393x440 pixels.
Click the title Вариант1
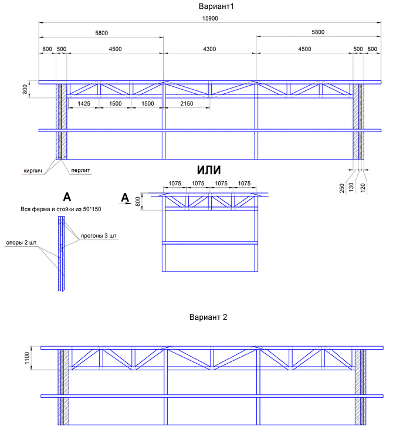click(216, 6)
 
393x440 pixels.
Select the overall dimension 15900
click(210, 18)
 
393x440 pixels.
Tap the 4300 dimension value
click(209, 49)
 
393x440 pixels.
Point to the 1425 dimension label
click(84, 103)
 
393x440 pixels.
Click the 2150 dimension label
click(187, 103)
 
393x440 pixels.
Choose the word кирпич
click(32, 171)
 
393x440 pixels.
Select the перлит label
click(80, 170)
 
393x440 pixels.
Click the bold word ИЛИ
click(209, 170)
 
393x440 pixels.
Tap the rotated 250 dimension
click(341, 188)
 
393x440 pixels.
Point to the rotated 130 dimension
click(351, 188)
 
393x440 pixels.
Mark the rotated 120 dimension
click(362, 188)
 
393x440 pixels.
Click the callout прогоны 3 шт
click(99, 236)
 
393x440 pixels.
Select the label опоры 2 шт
click(21, 242)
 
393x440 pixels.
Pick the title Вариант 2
click(208, 317)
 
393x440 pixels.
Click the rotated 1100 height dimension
click(27, 358)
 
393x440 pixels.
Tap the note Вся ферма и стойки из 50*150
click(61, 209)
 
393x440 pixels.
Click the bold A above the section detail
click(67, 197)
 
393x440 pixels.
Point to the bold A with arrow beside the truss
click(125, 198)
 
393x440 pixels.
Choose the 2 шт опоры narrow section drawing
click(62, 253)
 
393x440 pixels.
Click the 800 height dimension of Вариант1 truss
click(25, 89)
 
